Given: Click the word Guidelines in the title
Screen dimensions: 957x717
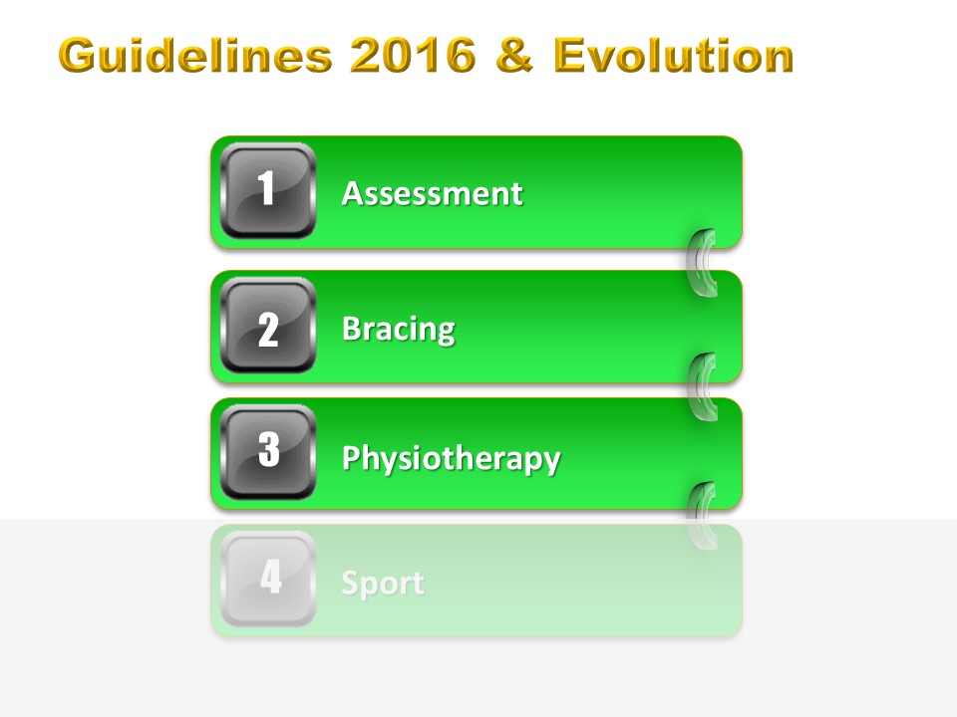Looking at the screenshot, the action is pyautogui.click(x=195, y=55).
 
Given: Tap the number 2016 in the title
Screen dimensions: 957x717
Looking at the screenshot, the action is pyautogui.click(x=413, y=55).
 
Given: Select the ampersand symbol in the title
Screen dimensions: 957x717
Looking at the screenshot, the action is pyautogui.click(x=515, y=55).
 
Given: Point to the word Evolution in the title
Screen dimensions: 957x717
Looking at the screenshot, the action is pyautogui.click(x=674, y=55).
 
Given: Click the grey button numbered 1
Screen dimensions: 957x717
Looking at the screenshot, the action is pyautogui.click(x=268, y=190).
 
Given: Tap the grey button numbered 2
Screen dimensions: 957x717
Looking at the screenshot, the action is pyautogui.click(x=268, y=325).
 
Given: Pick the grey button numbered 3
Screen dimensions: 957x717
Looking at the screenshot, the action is pyautogui.click(x=268, y=452).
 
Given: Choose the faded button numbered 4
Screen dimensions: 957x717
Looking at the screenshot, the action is pyautogui.click(x=268, y=578).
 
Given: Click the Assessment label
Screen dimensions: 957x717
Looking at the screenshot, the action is pyautogui.click(x=432, y=194).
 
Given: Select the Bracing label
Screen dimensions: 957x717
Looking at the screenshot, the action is pyautogui.click(x=399, y=330).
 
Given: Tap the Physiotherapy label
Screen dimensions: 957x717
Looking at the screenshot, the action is pyautogui.click(x=451, y=458).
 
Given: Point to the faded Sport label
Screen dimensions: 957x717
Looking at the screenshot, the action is pyautogui.click(x=383, y=584).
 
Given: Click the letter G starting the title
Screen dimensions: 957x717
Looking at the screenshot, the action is pyautogui.click(x=79, y=56).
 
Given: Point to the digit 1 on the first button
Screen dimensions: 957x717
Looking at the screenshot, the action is pyautogui.click(x=266, y=187).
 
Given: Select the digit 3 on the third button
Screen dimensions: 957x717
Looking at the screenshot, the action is pyautogui.click(x=268, y=449).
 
